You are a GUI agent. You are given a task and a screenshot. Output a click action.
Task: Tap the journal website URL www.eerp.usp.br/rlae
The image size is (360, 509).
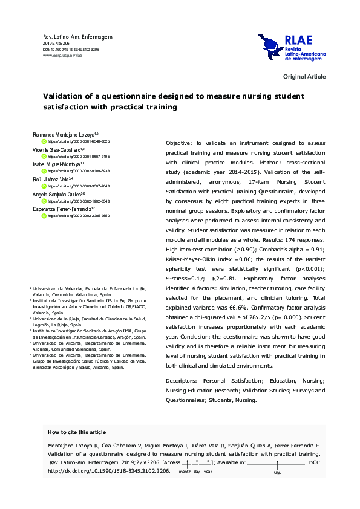(62, 55)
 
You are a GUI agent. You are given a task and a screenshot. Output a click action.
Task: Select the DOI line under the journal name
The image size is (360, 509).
(71, 49)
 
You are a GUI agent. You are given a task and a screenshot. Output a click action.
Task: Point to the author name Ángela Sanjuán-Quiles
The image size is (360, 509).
(62, 195)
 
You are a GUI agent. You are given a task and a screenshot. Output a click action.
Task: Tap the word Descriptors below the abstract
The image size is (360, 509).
(183, 380)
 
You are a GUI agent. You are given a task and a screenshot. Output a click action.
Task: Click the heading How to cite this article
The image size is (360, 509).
(76, 432)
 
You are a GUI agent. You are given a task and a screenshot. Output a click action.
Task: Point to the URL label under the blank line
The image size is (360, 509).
(278, 472)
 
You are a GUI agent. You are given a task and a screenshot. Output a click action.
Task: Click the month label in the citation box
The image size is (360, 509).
(185, 471)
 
